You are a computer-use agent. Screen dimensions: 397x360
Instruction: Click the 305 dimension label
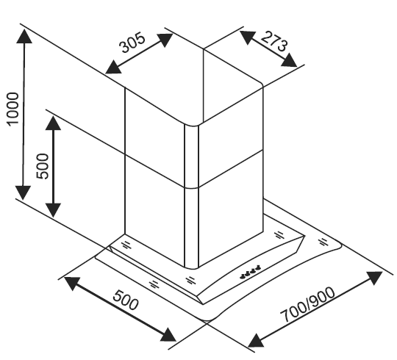(x=132, y=43)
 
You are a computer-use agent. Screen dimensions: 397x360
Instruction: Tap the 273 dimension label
(x=274, y=42)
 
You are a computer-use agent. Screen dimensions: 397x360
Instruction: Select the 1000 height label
(x=12, y=109)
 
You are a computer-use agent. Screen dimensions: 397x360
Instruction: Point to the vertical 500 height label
(x=42, y=166)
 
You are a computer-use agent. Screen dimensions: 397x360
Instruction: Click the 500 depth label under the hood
(x=126, y=300)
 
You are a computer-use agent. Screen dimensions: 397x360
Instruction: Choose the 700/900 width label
(x=307, y=305)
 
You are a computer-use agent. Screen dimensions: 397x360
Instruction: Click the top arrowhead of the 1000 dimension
(x=24, y=36)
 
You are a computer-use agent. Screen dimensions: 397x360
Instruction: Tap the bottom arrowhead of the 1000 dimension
(x=23, y=192)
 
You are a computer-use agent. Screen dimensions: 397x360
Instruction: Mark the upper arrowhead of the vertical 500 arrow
(x=53, y=123)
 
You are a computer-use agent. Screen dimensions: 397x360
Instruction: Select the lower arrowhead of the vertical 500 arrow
(x=53, y=210)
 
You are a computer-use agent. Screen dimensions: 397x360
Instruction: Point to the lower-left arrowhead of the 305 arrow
(x=113, y=68)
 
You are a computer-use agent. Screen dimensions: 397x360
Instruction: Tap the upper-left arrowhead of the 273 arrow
(x=247, y=37)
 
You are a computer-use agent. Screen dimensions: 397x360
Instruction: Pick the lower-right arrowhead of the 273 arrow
(x=289, y=60)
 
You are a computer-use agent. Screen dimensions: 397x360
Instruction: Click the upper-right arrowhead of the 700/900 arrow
(x=375, y=278)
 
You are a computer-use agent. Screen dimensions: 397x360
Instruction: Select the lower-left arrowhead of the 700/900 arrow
(x=257, y=340)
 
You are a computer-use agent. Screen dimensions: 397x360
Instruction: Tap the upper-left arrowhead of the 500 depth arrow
(x=72, y=284)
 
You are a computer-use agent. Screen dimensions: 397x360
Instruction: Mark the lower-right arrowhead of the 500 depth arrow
(x=168, y=335)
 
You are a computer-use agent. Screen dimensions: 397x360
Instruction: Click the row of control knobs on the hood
(x=250, y=272)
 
